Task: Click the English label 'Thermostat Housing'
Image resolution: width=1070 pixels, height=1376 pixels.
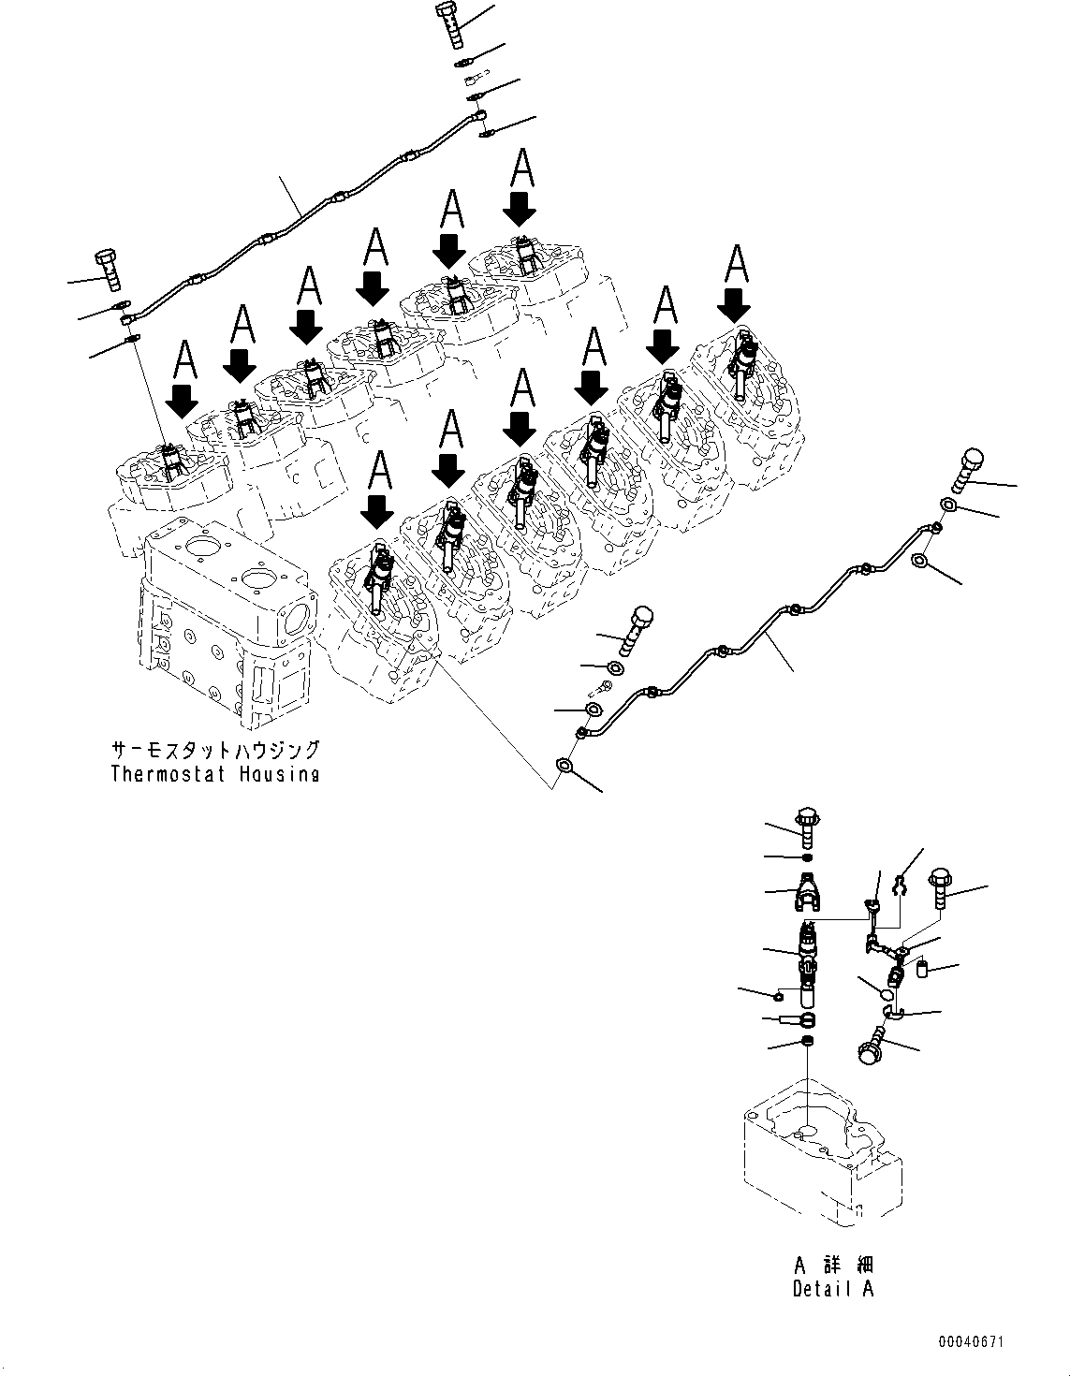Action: [214, 773]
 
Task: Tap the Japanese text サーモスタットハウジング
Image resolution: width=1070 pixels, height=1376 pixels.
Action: [214, 750]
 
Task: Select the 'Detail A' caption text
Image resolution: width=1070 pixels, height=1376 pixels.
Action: [832, 1288]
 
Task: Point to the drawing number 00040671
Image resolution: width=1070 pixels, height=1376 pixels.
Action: [973, 1341]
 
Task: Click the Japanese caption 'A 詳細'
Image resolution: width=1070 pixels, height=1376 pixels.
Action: [832, 1266]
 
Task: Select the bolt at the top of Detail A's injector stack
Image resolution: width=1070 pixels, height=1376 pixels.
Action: [808, 821]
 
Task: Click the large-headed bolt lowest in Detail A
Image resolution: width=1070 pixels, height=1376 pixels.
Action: [872, 1046]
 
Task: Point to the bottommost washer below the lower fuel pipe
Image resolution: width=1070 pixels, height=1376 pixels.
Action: [564, 765]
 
